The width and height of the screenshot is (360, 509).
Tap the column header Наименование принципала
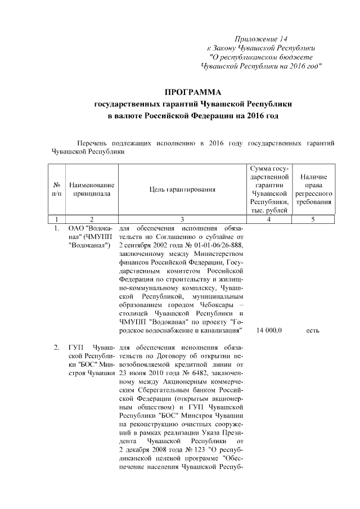pos(92,189)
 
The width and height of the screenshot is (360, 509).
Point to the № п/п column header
pos(57,189)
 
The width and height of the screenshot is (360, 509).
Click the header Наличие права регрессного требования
pos(313,189)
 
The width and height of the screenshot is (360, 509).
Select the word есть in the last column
pos(313,330)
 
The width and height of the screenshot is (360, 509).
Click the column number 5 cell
pos(313,219)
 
